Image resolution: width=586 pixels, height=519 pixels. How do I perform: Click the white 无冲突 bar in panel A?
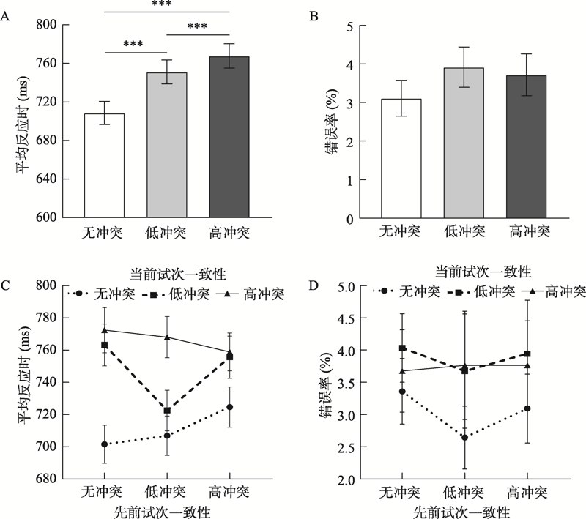[x=103, y=166]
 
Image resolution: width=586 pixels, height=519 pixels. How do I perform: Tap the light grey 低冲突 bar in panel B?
[x=464, y=143]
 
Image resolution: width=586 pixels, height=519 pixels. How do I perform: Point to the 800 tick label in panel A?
[x=46, y=24]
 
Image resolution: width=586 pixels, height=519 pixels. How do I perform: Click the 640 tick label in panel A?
[x=46, y=179]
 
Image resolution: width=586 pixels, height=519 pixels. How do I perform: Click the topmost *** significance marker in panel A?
[x=167, y=4]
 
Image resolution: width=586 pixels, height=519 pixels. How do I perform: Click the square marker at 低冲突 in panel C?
[x=167, y=411]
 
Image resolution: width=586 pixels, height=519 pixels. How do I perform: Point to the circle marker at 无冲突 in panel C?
[x=104, y=444]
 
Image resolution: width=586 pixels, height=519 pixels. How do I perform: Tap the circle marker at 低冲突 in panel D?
[x=464, y=438]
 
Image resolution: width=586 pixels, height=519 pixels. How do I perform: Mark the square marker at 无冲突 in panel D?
[x=401, y=348]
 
